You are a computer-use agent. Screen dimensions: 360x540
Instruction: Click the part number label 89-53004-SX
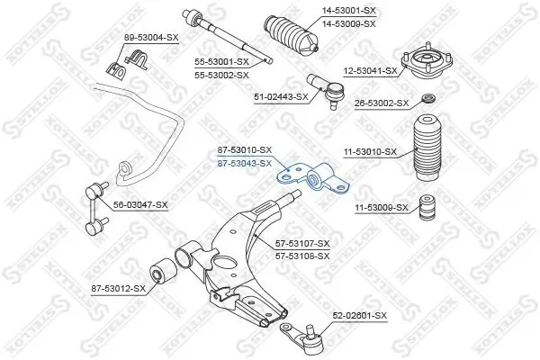150,37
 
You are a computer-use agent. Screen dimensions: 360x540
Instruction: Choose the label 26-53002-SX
380,104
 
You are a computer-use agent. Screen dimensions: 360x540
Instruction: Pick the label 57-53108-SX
302,256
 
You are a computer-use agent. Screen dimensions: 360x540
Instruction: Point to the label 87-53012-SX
117,288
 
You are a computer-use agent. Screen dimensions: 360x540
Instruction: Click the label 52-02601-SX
359,316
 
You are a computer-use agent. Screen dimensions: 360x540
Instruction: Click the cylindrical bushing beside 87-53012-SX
165,268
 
